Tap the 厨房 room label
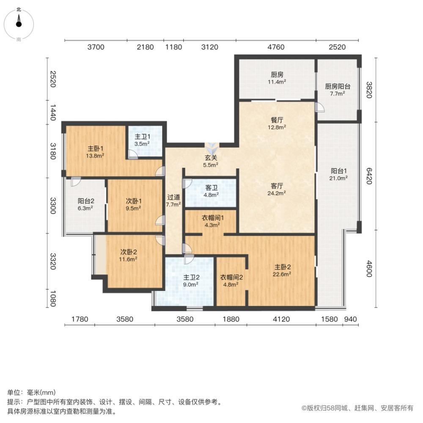pos(277,78)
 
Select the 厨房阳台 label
pos(337,89)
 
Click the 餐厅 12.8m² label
pos(277,123)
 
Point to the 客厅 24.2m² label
pos(277,189)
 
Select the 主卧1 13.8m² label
pos(96,152)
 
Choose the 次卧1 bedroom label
pos(134,204)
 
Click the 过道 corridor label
pos(173,201)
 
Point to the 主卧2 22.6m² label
pos(283,270)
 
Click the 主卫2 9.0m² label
pos(191,281)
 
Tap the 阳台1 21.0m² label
pos(339,174)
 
